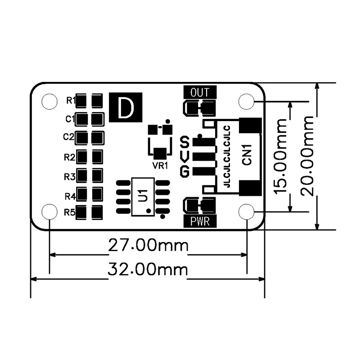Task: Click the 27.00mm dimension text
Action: click(x=148, y=246)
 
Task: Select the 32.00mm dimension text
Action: click(x=148, y=270)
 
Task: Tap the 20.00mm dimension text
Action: click(x=308, y=156)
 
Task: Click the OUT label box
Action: click(x=200, y=93)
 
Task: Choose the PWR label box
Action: click(x=200, y=221)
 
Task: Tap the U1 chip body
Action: click(x=142, y=197)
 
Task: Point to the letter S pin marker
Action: click(x=184, y=143)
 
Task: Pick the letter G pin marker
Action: click(x=184, y=171)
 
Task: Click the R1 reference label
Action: click(x=70, y=99)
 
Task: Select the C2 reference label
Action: click(x=69, y=136)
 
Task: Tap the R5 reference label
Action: click(x=69, y=212)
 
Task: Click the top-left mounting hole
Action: click(x=49, y=102)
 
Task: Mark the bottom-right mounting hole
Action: click(x=247, y=211)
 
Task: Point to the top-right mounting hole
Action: click(x=247, y=102)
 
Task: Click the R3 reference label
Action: click(x=69, y=176)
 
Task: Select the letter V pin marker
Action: click(x=184, y=157)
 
